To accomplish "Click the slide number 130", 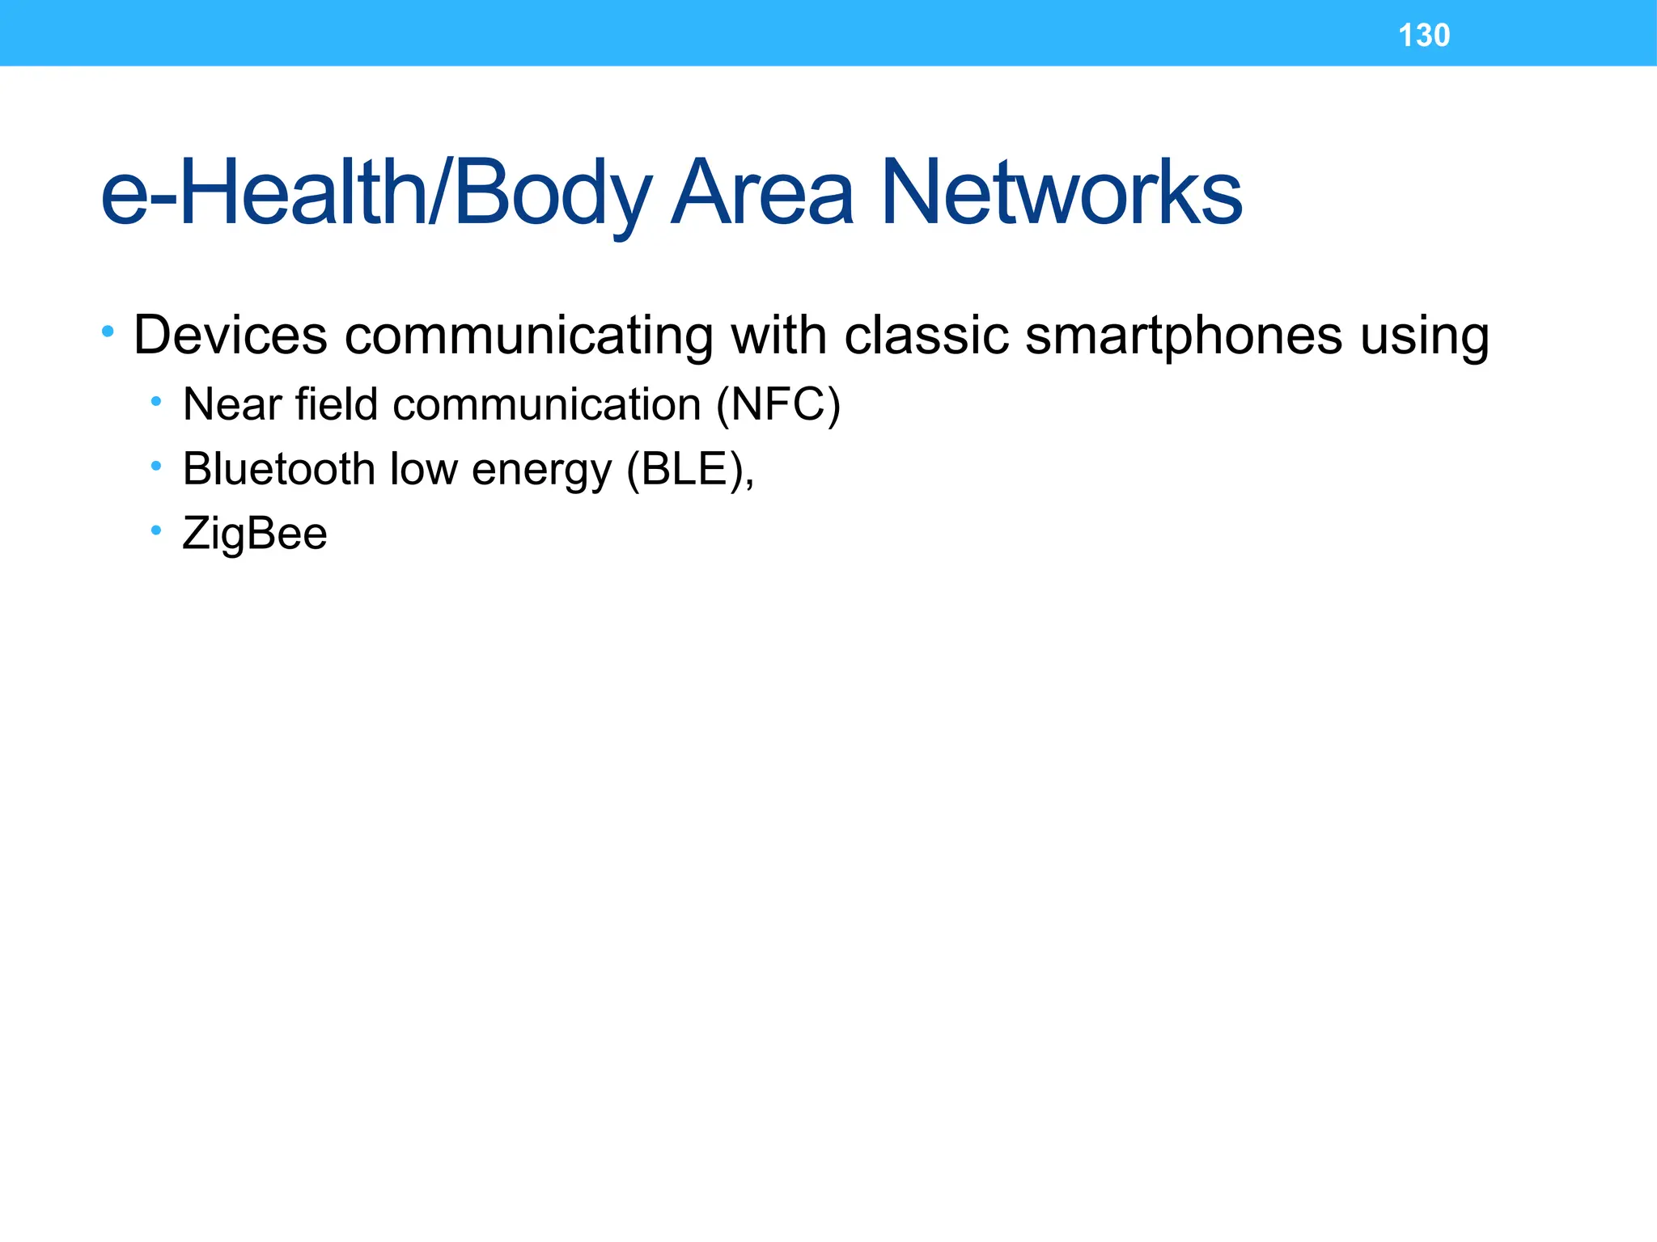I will pos(1424,36).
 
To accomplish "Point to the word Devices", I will pos(231,335).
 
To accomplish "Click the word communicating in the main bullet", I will pos(529,336).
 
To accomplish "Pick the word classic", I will pos(926,335).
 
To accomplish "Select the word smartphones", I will pos(1184,336).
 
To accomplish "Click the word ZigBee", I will pos(255,534).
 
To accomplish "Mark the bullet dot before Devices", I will pos(108,332).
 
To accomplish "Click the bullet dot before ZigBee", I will pos(156,531).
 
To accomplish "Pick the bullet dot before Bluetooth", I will pos(156,466).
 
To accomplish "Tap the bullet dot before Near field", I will pos(156,401).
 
